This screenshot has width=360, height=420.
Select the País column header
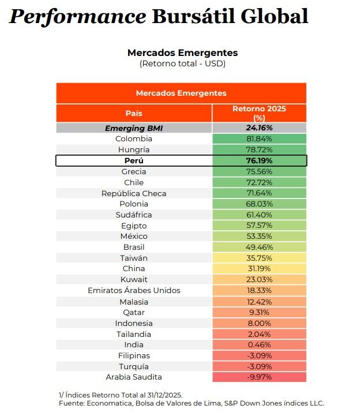tap(134, 113)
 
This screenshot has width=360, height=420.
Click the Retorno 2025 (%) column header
tap(259, 112)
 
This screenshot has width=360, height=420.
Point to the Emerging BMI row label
tap(134, 128)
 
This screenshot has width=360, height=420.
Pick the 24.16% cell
tap(259, 128)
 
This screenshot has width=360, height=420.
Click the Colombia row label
tap(134, 139)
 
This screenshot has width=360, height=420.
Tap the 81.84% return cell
tap(259, 139)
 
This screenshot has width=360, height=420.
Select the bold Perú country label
tap(134, 160)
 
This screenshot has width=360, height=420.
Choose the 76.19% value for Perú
tap(259, 160)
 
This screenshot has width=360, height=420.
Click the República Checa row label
tap(134, 193)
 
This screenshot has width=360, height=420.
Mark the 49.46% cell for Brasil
tap(259, 247)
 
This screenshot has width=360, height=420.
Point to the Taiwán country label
tap(134, 258)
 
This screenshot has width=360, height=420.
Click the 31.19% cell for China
tap(259, 269)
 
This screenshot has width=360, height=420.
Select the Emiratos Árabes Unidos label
tap(134, 290)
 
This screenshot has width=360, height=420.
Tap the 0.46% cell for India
tap(259, 345)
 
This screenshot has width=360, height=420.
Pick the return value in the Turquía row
tap(259, 366)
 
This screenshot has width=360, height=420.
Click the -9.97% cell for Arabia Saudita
tap(259, 377)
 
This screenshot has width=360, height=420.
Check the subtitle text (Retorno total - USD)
tap(182, 63)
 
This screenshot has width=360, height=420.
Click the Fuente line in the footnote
tap(191, 403)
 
